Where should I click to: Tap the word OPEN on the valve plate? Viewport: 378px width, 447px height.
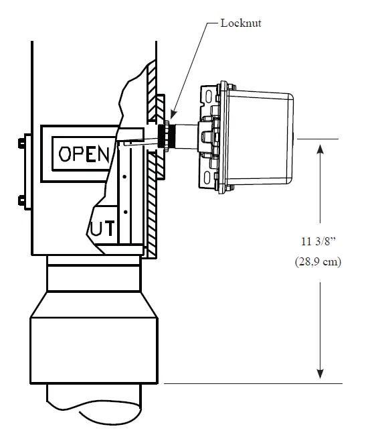84,153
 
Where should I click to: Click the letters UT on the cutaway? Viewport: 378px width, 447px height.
102,229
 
